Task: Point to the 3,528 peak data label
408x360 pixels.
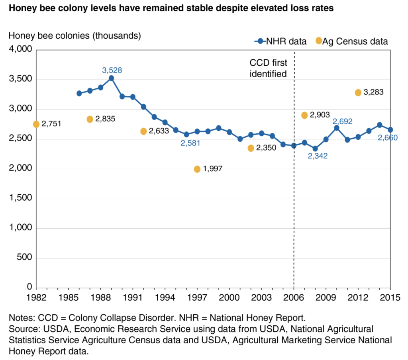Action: pyautogui.click(x=112, y=70)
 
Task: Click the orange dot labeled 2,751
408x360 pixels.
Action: pyautogui.click(x=36, y=124)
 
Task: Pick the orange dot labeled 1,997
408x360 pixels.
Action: pyautogui.click(x=197, y=169)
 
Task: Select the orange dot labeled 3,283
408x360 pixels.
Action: pyautogui.click(x=358, y=92)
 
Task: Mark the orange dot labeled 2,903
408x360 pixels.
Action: pyautogui.click(x=304, y=115)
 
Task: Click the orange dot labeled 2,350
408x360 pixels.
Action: pyautogui.click(x=251, y=148)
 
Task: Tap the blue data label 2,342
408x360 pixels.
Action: pyautogui.click(x=318, y=156)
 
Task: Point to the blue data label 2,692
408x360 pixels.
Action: pyautogui.click(x=343, y=121)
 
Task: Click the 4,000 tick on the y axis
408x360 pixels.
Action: pyautogui.click(x=20, y=50)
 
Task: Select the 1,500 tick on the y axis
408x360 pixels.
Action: pyautogui.click(x=20, y=199)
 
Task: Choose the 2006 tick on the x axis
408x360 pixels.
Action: pyautogui.click(x=294, y=297)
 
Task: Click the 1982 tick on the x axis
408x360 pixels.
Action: pyautogui.click(x=36, y=297)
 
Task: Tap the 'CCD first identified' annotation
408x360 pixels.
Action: pyautogui.click(x=268, y=68)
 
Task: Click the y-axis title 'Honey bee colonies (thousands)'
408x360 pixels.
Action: pyautogui.click(x=75, y=35)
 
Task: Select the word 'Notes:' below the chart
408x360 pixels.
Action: pyautogui.click(x=23, y=319)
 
